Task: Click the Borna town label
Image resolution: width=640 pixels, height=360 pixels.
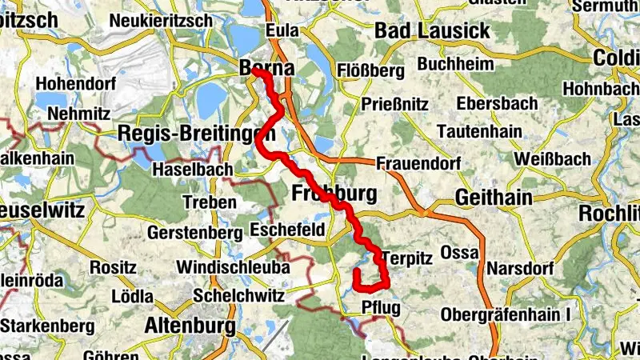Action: [267, 69]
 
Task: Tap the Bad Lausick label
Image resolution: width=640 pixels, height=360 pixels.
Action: [432, 32]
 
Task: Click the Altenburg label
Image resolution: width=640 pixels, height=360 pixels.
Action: [190, 326]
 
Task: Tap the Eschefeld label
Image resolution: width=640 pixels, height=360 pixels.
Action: [287, 230]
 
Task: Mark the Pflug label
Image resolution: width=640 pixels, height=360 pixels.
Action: [381, 308]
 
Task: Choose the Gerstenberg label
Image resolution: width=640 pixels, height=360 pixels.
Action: [195, 232]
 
